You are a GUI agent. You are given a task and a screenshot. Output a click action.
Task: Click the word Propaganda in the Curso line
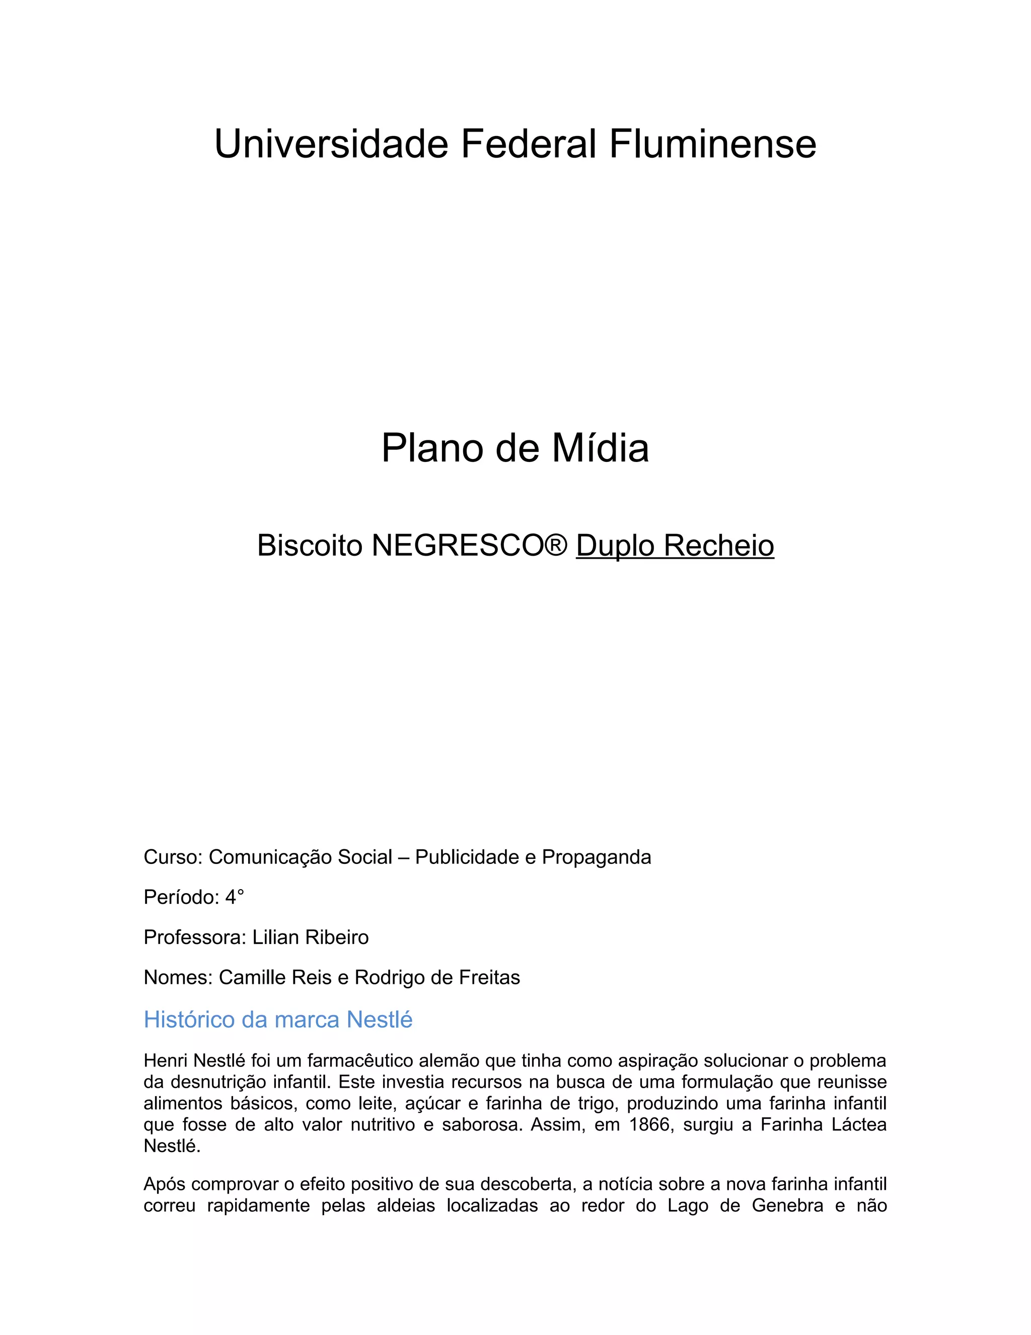[x=596, y=857]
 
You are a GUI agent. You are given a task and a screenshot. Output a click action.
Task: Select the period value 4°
[x=235, y=897]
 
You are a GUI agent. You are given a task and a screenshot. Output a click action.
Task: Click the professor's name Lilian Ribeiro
[x=310, y=937]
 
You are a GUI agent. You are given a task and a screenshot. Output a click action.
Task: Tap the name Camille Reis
[x=275, y=977]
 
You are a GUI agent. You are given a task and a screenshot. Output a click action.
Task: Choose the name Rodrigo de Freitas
[x=437, y=977]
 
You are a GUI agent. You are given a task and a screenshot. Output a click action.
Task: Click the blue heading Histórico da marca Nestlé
[x=278, y=1020]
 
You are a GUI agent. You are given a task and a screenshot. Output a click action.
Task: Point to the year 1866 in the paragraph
[x=649, y=1125]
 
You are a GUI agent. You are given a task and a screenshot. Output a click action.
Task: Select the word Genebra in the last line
[x=787, y=1206]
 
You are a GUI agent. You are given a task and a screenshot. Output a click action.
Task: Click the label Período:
[x=181, y=897]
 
